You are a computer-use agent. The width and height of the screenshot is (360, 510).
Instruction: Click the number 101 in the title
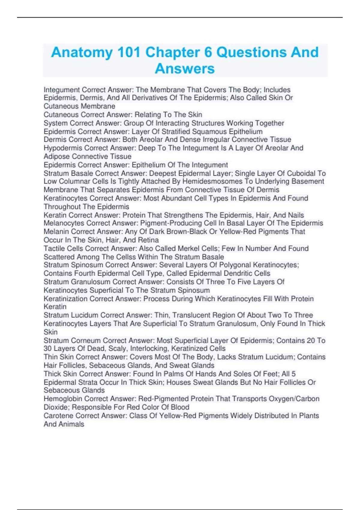[128, 52]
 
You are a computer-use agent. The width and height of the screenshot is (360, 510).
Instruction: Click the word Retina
[149, 240]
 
